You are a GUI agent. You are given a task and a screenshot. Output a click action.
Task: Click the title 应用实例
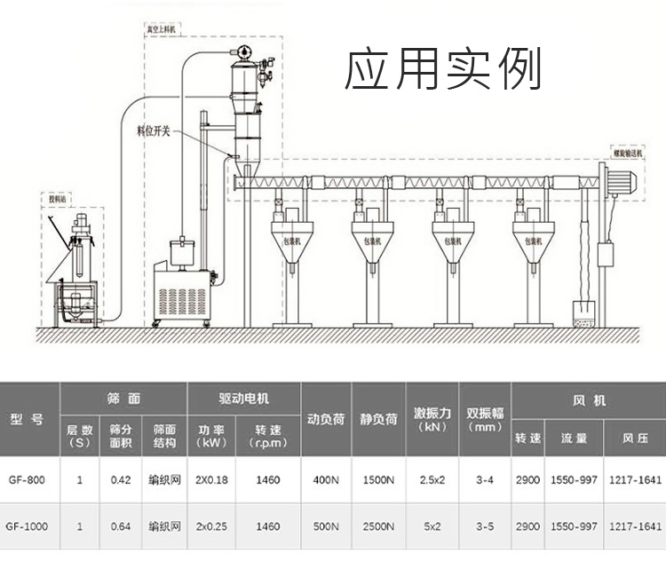tap(442, 70)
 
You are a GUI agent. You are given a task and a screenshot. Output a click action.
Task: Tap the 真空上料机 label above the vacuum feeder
tap(160, 29)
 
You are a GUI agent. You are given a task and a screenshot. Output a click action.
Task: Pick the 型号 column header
tap(28, 419)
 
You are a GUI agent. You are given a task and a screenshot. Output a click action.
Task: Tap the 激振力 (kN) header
tap(432, 419)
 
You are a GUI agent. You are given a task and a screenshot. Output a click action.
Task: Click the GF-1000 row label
tap(28, 526)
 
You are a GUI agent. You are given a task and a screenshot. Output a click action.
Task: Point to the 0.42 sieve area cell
tap(121, 480)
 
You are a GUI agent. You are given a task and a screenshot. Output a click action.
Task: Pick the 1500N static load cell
tap(379, 480)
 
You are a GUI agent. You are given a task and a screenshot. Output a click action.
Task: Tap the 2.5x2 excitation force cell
tap(432, 480)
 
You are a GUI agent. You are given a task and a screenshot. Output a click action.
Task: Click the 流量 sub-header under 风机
tap(573, 439)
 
